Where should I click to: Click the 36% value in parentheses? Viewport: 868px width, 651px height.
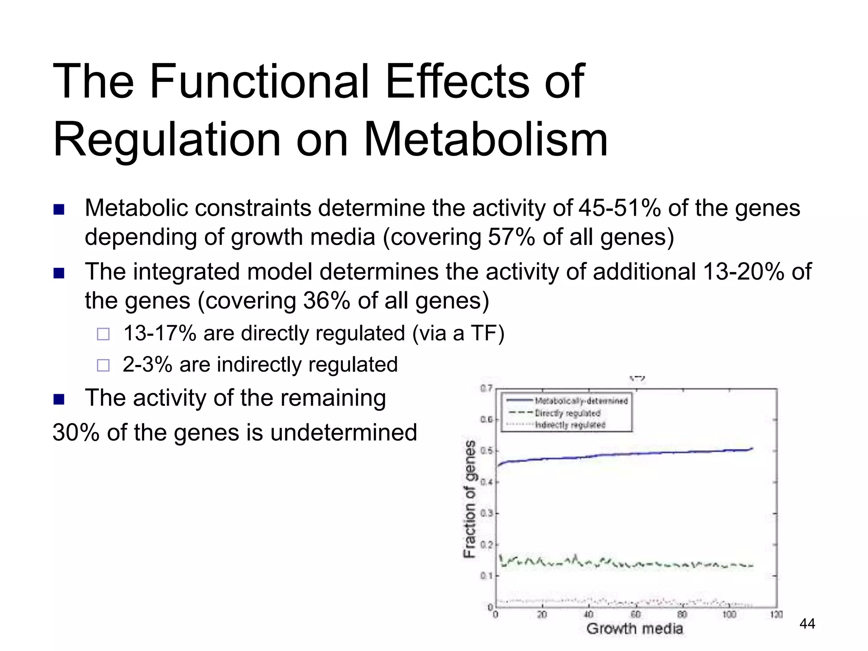click(x=326, y=301)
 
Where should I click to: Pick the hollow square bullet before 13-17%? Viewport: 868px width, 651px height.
click(x=103, y=334)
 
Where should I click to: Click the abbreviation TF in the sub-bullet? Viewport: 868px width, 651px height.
click(x=483, y=333)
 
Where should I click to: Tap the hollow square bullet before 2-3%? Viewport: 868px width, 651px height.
click(x=103, y=365)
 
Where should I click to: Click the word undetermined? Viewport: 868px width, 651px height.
click(x=344, y=433)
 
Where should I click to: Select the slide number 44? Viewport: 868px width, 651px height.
click(x=807, y=623)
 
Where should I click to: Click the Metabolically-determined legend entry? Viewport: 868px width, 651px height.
click(x=581, y=401)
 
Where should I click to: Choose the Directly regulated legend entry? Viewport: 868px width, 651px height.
click(x=568, y=413)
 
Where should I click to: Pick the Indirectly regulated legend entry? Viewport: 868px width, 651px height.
click(x=570, y=425)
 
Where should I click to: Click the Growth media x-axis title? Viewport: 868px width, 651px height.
click(x=634, y=629)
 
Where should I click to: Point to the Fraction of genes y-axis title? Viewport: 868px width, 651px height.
click(x=470, y=499)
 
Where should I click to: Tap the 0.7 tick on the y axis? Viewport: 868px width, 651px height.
click(x=486, y=388)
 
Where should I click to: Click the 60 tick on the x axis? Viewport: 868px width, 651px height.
click(x=635, y=615)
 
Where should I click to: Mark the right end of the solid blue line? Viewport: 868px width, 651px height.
click(x=752, y=448)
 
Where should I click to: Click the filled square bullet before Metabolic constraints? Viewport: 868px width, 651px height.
click(x=59, y=209)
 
